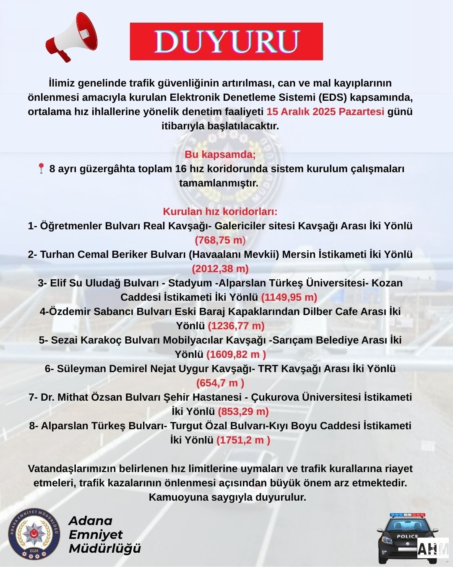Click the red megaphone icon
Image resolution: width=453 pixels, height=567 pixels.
(71, 37)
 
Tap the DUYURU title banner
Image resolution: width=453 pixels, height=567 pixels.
(226, 41)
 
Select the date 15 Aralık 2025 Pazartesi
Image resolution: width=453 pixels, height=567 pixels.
(325, 112)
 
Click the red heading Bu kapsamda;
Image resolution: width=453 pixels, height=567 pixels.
(220, 154)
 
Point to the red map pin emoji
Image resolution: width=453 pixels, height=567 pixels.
(41, 168)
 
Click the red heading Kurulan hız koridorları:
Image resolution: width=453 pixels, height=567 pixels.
(220, 211)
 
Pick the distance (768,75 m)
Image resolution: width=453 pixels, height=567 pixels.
(220, 240)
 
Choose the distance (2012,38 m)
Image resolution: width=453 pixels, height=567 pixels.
(220, 269)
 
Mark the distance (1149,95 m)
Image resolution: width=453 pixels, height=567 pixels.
(289, 297)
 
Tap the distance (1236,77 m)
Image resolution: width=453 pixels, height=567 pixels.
(236, 326)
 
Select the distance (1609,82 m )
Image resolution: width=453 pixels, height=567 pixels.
(236, 354)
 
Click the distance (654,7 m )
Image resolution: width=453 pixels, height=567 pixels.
(220, 383)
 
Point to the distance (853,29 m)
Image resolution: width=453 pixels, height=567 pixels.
(243, 412)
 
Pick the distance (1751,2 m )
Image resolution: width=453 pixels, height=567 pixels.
(243, 440)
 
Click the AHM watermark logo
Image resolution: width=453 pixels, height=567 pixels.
(433, 549)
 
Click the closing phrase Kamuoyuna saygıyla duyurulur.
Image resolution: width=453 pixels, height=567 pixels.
(227, 497)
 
